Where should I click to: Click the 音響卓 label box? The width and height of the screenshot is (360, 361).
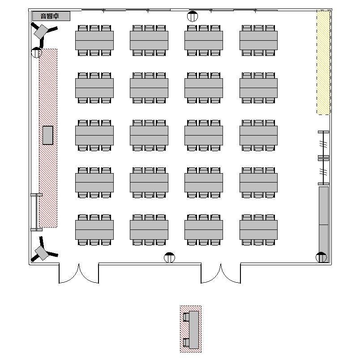[51, 16]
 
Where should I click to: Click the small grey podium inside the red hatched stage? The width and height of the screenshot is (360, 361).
[48, 135]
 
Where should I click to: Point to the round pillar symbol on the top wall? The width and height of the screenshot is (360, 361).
[192, 16]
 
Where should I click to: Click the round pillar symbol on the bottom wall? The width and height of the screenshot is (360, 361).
[169, 257]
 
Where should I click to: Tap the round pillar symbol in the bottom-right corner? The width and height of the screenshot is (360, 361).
[321, 257]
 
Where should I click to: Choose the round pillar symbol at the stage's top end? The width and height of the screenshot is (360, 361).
[36, 52]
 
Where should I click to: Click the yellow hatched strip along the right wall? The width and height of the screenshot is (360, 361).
[323, 62]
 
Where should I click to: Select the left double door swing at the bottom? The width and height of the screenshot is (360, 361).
[79, 273]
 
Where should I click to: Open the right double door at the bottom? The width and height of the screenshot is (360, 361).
[221, 273]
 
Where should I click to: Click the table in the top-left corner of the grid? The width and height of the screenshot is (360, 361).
[94, 40]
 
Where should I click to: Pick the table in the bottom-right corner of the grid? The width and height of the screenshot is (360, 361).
[259, 230]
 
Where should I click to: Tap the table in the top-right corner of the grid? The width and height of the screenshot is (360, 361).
[259, 40]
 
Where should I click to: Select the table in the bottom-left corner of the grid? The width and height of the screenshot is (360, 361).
[94, 230]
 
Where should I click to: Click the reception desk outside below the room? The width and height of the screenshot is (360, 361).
[194, 330]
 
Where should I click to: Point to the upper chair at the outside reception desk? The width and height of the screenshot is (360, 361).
[186, 317]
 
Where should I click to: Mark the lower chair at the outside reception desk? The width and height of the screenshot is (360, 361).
[186, 342]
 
